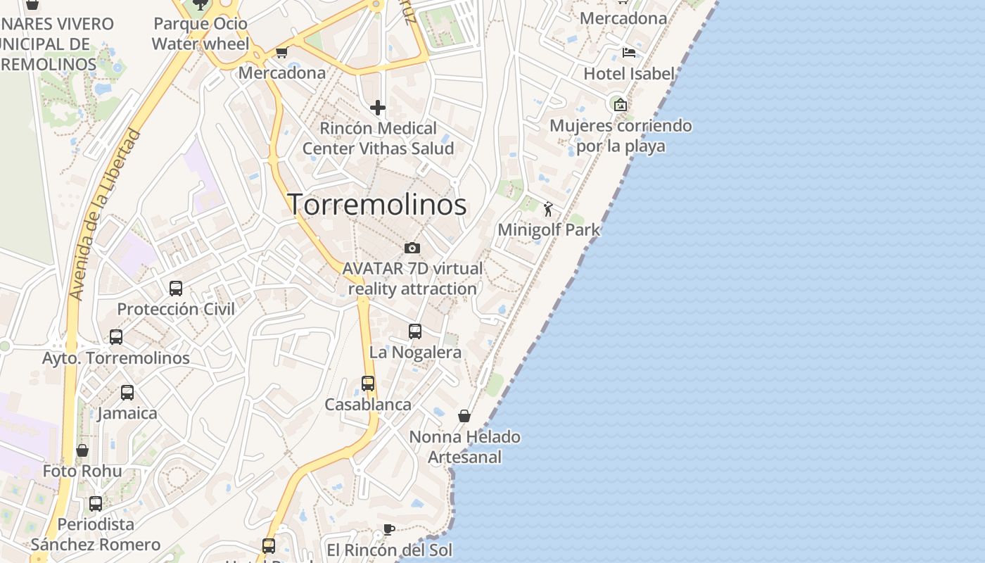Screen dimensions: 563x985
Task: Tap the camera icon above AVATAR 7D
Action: point(412,248)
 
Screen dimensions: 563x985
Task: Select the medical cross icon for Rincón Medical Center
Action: point(378,108)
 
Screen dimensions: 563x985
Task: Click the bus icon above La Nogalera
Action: point(415,331)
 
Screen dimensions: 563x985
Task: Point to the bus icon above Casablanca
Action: point(368,384)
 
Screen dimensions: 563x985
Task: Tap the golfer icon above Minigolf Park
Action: point(549,209)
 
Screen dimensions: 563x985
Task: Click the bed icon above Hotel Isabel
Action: point(628,53)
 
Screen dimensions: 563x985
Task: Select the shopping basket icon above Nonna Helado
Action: point(464,416)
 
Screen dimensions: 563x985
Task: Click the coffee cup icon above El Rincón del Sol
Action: point(388,529)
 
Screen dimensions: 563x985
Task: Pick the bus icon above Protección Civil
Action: point(176,288)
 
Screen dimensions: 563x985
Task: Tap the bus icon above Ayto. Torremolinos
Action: point(116,337)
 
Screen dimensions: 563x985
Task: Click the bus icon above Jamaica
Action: point(127,392)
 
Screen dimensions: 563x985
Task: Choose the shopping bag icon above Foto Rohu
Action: point(82,450)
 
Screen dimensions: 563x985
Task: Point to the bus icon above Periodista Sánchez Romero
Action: point(96,504)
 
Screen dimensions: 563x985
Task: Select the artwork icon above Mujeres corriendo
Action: point(621,105)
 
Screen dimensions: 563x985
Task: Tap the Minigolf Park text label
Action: point(549,229)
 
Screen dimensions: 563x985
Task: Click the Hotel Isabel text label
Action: point(629,73)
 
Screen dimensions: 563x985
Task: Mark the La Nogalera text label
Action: point(415,352)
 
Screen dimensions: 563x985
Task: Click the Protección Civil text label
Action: point(176,309)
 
